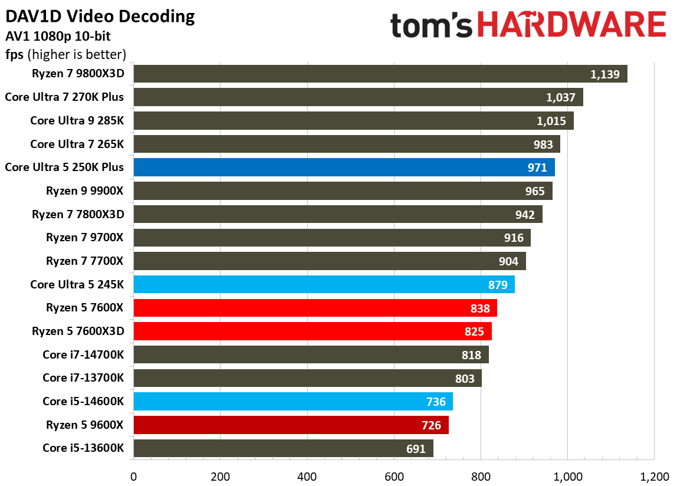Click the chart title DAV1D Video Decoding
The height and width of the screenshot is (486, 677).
100,16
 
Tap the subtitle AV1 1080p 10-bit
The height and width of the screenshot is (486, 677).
57,37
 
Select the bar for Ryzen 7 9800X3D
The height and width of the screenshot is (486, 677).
380,74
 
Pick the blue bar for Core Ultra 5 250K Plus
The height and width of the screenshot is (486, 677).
344,168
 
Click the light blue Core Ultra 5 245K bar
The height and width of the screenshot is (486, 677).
324,284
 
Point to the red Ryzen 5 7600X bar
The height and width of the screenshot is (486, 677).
315,308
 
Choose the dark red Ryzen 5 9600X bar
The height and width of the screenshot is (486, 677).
291,425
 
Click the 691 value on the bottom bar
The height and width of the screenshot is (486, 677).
416,449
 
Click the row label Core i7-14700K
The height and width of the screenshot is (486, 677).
83,354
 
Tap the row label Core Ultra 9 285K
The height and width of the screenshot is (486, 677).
77,121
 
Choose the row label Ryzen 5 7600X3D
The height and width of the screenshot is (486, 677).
78,331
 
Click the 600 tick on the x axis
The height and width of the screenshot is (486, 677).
394,476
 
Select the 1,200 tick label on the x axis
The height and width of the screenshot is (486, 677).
653,476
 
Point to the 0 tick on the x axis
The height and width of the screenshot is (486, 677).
134,476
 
